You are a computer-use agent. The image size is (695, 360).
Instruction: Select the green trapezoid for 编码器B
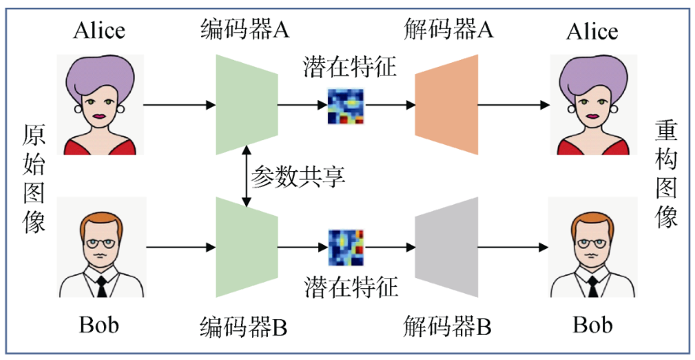[x=247, y=247]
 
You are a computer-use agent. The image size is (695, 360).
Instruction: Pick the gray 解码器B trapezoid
[x=447, y=247]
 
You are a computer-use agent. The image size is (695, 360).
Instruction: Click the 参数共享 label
[x=298, y=176]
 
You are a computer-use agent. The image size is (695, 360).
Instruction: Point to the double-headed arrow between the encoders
[x=247, y=176]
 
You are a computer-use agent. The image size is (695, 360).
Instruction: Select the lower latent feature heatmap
[x=347, y=247]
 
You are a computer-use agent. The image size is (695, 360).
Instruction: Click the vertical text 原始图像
[x=33, y=178]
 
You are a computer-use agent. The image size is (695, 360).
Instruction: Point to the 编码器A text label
[x=245, y=31]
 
